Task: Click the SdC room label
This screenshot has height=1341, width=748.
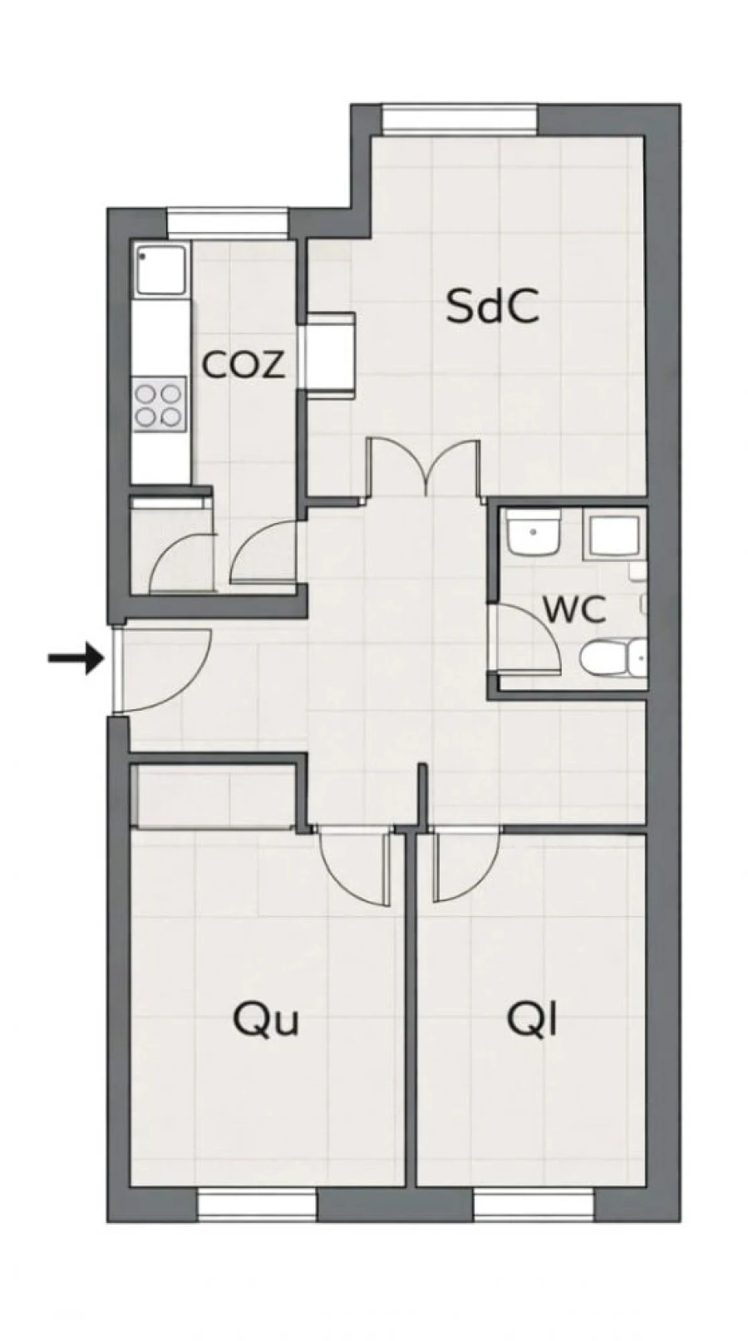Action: pyautogui.click(x=492, y=306)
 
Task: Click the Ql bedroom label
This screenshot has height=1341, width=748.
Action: pyautogui.click(x=532, y=1019)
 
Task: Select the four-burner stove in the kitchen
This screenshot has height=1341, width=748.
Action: pyautogui.click(x=159, y=404)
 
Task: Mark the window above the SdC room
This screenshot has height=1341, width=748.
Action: pyautogui.click(x=460, y=119)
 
